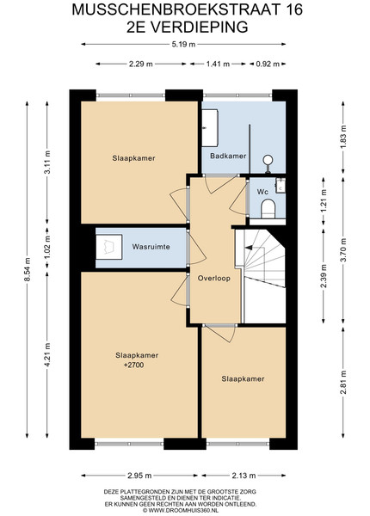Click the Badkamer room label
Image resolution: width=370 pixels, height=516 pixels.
[228, 156]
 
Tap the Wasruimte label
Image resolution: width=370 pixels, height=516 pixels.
[151, 247]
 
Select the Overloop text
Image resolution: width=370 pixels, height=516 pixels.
[214, 278]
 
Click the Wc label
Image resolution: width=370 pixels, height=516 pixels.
[262, 192]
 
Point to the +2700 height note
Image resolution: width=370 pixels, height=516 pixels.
[133, 365]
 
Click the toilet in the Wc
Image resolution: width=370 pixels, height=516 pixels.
[268, 209]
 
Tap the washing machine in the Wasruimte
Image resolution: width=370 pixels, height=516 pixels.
[109, 247]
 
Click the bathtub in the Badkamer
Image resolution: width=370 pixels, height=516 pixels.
[210, 127]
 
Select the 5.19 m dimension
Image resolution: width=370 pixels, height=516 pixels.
[183, 44]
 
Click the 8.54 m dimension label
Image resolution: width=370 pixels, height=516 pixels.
[28, 269]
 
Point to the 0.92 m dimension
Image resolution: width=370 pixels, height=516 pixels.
[268, 64]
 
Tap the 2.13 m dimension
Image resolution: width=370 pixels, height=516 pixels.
[244, 476]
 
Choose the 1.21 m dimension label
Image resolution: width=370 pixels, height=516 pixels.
[324, 200]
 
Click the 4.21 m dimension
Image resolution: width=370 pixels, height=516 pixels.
[47, 354]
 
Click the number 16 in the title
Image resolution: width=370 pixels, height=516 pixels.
[294, 9]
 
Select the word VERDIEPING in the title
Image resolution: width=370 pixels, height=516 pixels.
[200, 27]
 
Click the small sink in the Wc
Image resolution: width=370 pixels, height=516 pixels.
[281, 185]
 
